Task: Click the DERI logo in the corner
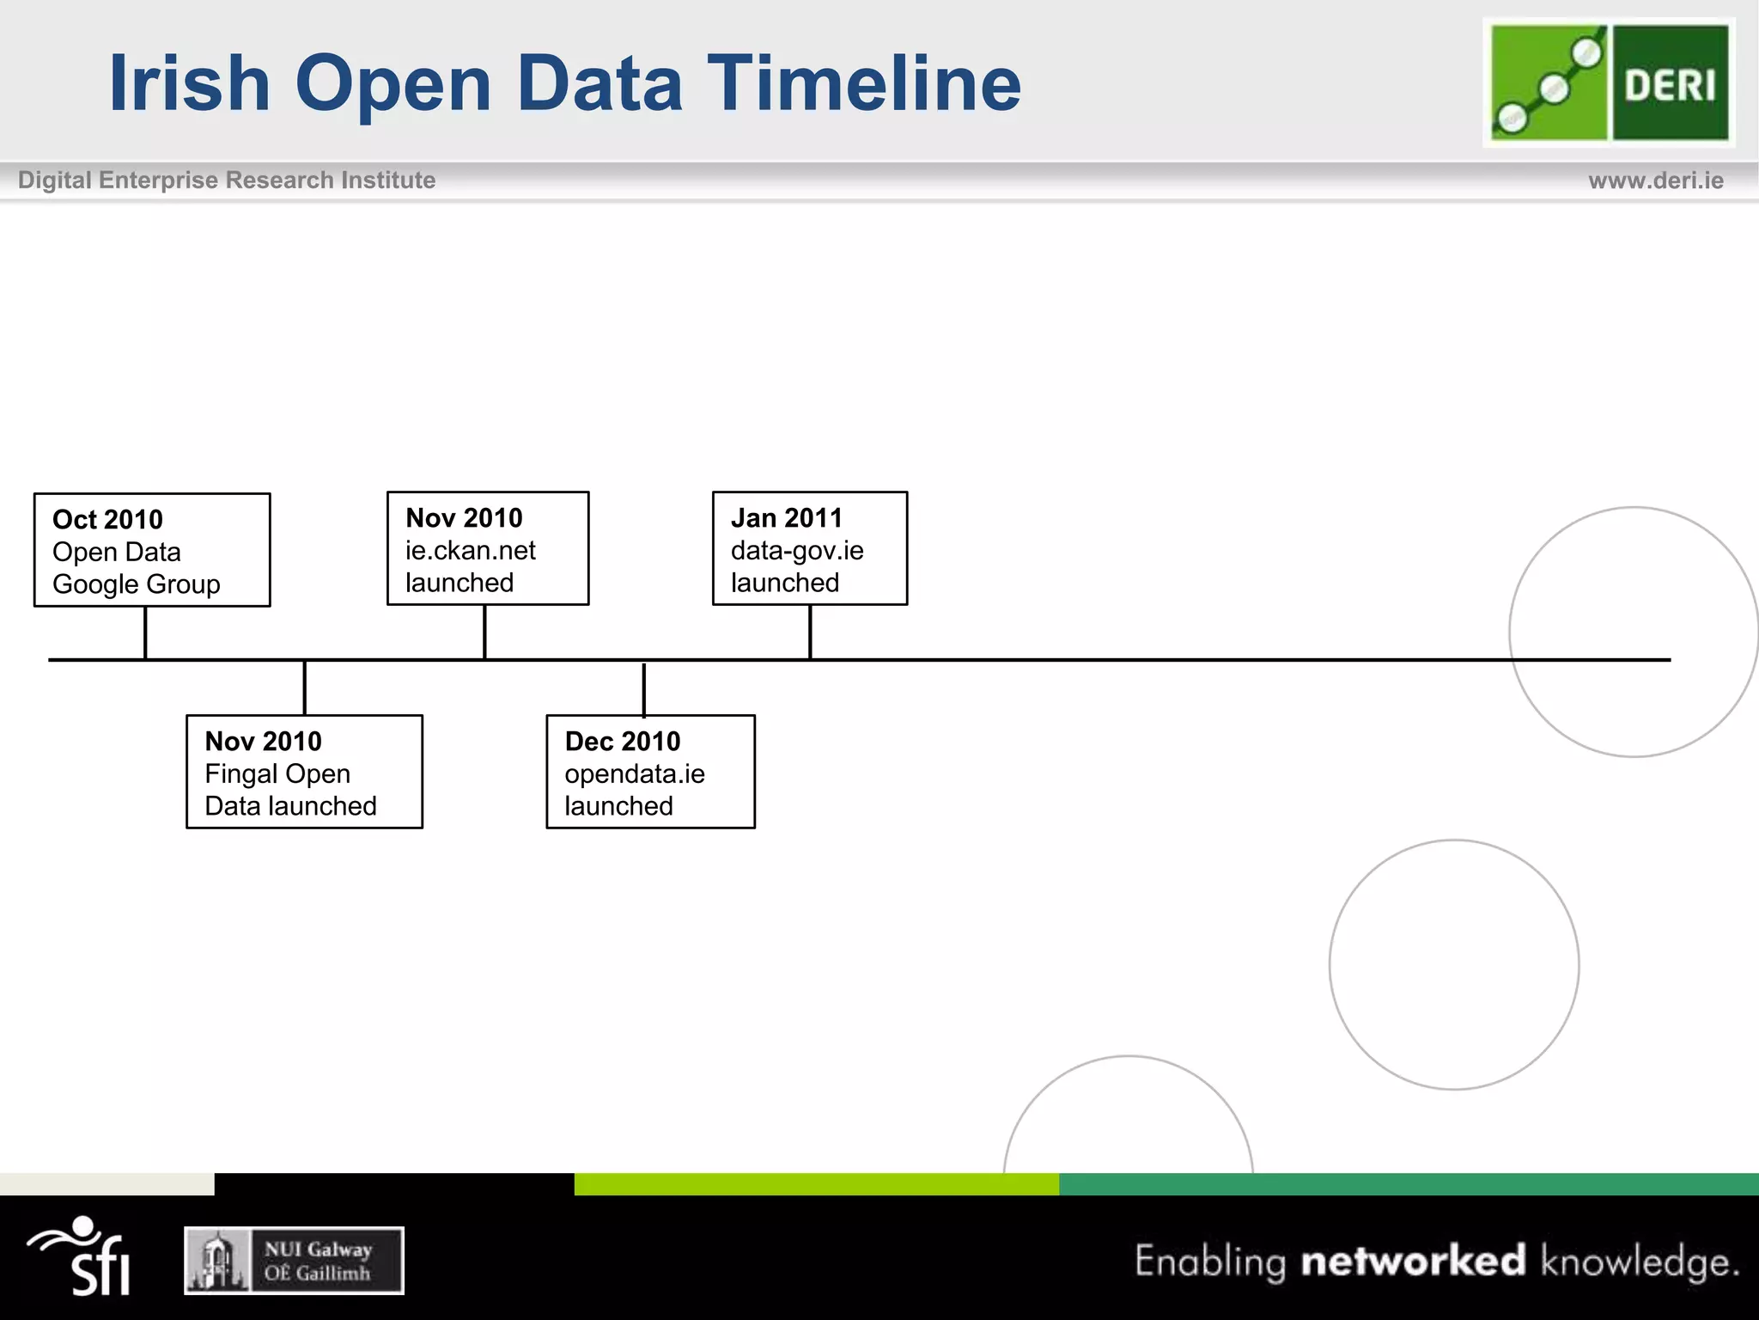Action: coord(1609,82)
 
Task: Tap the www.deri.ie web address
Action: coord(1655,180)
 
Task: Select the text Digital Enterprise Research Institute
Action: coord(227,180)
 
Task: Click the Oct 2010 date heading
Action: coord(107,519)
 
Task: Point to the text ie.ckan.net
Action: coord(470,550)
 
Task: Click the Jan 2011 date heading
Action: coord(786,517)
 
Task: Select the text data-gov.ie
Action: coord(796,550)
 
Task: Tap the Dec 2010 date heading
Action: coord(622,741)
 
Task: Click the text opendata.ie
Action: coord(634,773)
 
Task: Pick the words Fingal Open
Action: coord(277,773)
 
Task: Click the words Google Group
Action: coord(136,584)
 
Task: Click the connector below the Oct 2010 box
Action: coord(145,632)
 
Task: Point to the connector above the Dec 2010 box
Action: coord(643,688)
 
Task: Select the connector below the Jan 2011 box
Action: coord(810,632)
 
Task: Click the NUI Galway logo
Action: coord(294,1260)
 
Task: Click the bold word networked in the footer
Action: coord(1413,1261)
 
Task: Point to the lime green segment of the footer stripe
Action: coord(816,1183)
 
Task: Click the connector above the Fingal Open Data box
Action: coord(304,687)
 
